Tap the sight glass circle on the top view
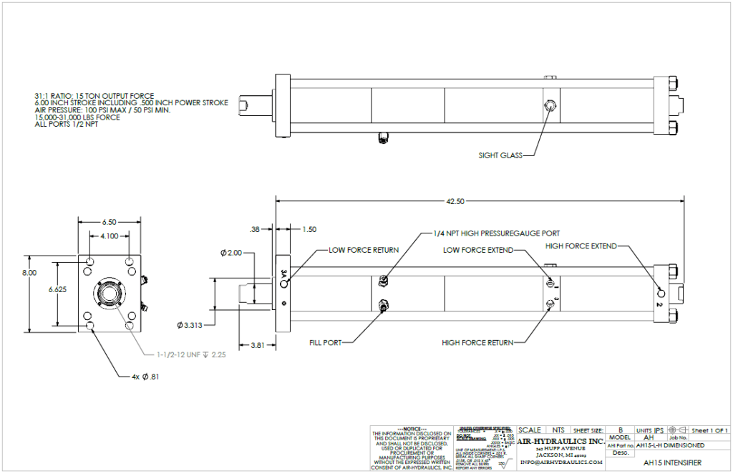click(x=550, y=105)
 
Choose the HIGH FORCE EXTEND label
click(x=581, y=246)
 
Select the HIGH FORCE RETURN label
click(x=478, y=343)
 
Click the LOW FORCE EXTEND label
click(x=477, y=251)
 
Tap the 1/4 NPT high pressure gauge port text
click(x=496, y=233)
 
